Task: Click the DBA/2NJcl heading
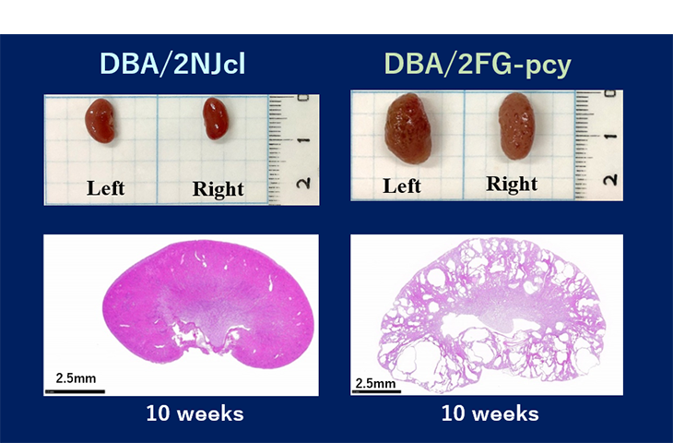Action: (x=172, y=65)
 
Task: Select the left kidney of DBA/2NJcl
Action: (x=100, y=120)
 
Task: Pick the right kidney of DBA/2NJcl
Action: (x=216, y=118)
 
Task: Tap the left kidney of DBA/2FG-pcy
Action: (x=407, y=128)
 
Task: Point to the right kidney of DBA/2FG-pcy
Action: (x=517, y=126)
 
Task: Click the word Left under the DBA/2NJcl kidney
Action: (x=106, y=188)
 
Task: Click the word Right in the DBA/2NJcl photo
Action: (x=218, y=189)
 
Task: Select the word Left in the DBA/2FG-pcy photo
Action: (x=402, y=186)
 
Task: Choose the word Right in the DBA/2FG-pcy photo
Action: (x=512, y=184)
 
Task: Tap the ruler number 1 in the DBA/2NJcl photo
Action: (x=304, y=140)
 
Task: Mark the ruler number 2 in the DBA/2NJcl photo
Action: (x=304, y=183)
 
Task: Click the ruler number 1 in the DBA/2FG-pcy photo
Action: (x=610, y=137)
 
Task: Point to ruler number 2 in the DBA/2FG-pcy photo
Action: (x=610, y=179)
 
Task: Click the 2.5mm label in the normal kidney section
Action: (x=76, y=378)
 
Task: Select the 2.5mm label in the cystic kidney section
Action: (x=375, y=383)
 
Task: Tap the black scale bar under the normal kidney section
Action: (x=75, y=391)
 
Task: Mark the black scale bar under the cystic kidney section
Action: (x=376, y=391)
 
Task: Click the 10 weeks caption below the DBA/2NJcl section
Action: (x=195, y=413)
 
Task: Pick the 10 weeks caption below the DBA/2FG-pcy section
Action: (x=490, y=413)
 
